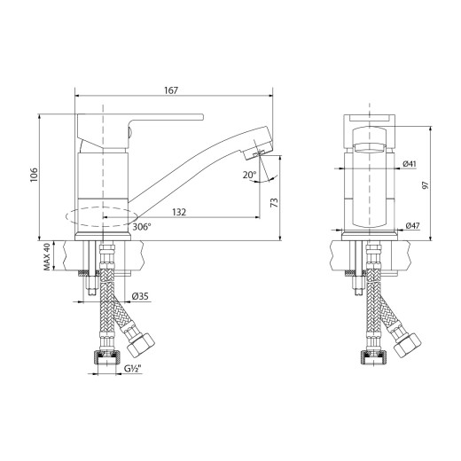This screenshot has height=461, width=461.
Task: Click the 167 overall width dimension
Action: click(172, 90)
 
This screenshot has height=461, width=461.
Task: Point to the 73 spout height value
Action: click(274, 204)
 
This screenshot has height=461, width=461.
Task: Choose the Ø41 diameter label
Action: click(410, 164)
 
